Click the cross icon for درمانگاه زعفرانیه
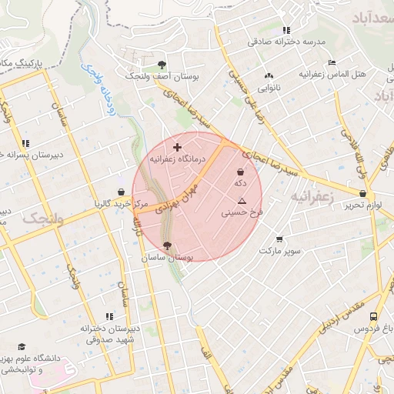tap(178, 146)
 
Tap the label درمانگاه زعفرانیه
tap(176, 159)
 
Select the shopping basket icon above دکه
tap(241, 172)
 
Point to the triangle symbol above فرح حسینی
tap(242, 200)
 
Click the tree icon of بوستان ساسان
tap(169, 246)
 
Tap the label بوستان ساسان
tap(168, 259)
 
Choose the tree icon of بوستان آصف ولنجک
tap(161, 65)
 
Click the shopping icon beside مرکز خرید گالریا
tap(121, 192)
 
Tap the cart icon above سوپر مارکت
tap(279, 239)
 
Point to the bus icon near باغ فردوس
tap(373, 316)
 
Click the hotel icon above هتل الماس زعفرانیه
tap(332, 62)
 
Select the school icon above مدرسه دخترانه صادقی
tap(286, 30)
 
